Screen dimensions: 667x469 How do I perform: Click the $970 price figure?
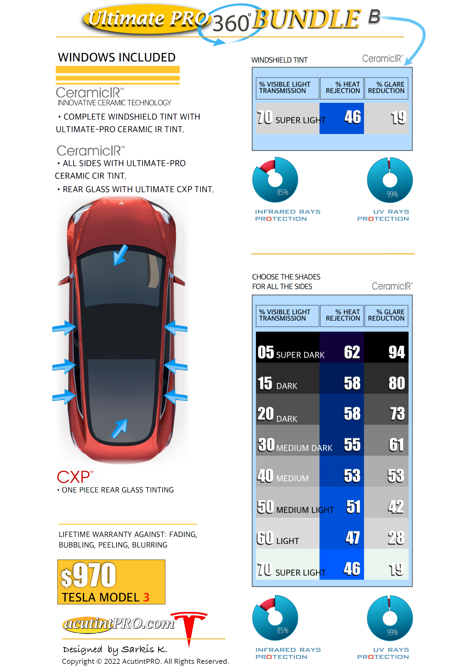coord(89,575)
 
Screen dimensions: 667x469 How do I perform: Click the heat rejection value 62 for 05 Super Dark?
coord(352,352)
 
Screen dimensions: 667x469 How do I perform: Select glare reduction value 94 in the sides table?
coord(397,352)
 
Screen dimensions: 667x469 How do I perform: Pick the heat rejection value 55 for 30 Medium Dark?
coord(352,445)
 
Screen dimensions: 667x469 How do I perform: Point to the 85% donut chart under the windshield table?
coord(275,180)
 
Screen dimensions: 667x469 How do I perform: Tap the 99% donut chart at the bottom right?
coord(390,618)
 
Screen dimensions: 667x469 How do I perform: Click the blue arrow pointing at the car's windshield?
coord(120,255)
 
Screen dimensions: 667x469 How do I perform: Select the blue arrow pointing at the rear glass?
coord(119,428)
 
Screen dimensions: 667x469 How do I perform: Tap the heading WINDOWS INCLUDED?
coord(117,57)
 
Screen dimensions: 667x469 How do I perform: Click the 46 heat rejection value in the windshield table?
coord(352,117)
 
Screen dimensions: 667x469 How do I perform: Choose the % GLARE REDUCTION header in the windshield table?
coord(386,88)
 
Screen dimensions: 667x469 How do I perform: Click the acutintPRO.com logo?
coord(119,624)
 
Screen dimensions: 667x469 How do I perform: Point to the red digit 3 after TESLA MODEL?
coord(146,597)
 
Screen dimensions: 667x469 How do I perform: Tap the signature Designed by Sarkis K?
coord(115,649)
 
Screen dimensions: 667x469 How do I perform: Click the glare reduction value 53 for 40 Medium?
coord(396,476)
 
